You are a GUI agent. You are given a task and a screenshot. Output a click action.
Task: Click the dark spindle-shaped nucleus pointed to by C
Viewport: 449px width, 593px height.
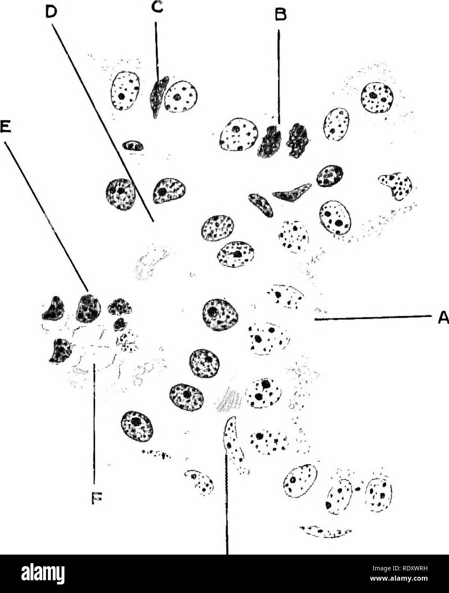point(159,97)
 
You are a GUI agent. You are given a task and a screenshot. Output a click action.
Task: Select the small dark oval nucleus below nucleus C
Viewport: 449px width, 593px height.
point(133,145)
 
